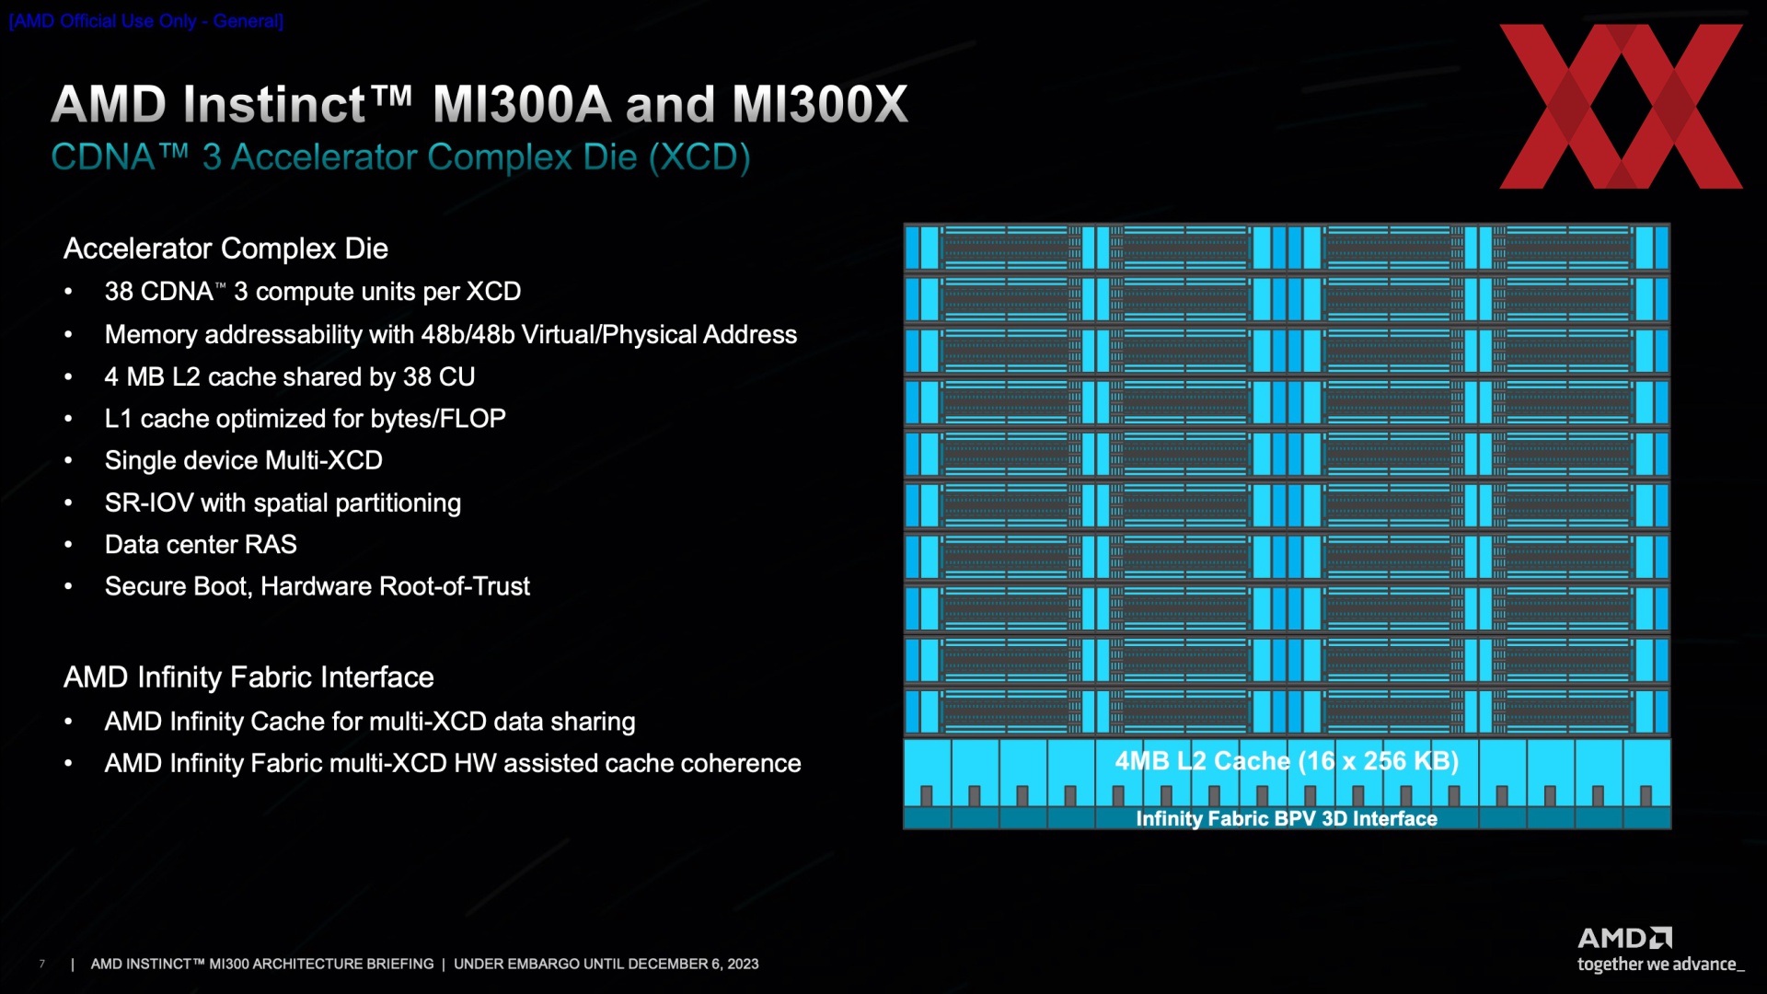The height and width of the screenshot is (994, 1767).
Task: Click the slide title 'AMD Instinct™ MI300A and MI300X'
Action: pyautogui.click(x=479, y=104)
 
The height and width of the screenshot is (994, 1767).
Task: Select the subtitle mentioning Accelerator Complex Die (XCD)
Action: pyautogui.click(x=400, y=157)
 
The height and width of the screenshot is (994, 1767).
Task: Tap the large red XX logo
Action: pyautogui.click(x=1621, y=107)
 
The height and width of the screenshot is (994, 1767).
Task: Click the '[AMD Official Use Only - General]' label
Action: pyautogui.click(x=146, y=21)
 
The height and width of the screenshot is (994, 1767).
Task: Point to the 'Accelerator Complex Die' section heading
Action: pyautogui.click(x=225, y=248)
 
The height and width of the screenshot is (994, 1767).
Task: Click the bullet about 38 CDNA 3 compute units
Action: pyautogui.click(x=312, y=292)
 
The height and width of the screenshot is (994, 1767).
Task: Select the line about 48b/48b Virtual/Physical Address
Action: pyautogui.click(x=450, y=334)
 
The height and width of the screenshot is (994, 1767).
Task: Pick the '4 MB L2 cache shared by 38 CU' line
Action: pyautogui.click(x=289, y=376)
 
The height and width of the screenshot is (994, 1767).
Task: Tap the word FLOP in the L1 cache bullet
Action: pyautogui.click(x=473, y=419)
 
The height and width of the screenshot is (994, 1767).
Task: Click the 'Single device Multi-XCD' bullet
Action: pyautogui.click(x=243, y=460)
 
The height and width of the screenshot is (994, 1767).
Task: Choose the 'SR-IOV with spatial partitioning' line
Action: pyautogui.click(x=283, y=503)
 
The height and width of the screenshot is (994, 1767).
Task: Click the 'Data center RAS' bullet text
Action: pyautogui.click(x=201, y=545)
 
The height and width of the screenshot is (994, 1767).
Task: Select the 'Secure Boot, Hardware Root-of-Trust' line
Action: pyautogui.click(x=317, y=586)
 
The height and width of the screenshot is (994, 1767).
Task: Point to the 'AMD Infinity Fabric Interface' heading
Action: pyautogui.click(x=248, y=677)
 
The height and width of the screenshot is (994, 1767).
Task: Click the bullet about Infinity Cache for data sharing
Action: pyautogui.click(x=369, y=722)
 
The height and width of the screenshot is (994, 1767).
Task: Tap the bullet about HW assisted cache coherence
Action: pyautogui.click(x=452, y=763)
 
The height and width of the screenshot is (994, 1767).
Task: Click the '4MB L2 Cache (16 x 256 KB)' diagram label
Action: pyautogui.click(x=1287, y=761)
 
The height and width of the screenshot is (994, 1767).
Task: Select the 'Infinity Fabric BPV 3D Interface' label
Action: pyautogui.click(x=1287, y=818)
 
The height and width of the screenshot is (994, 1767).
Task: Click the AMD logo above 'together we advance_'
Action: pyautogui.click(x=1624, y=938)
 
